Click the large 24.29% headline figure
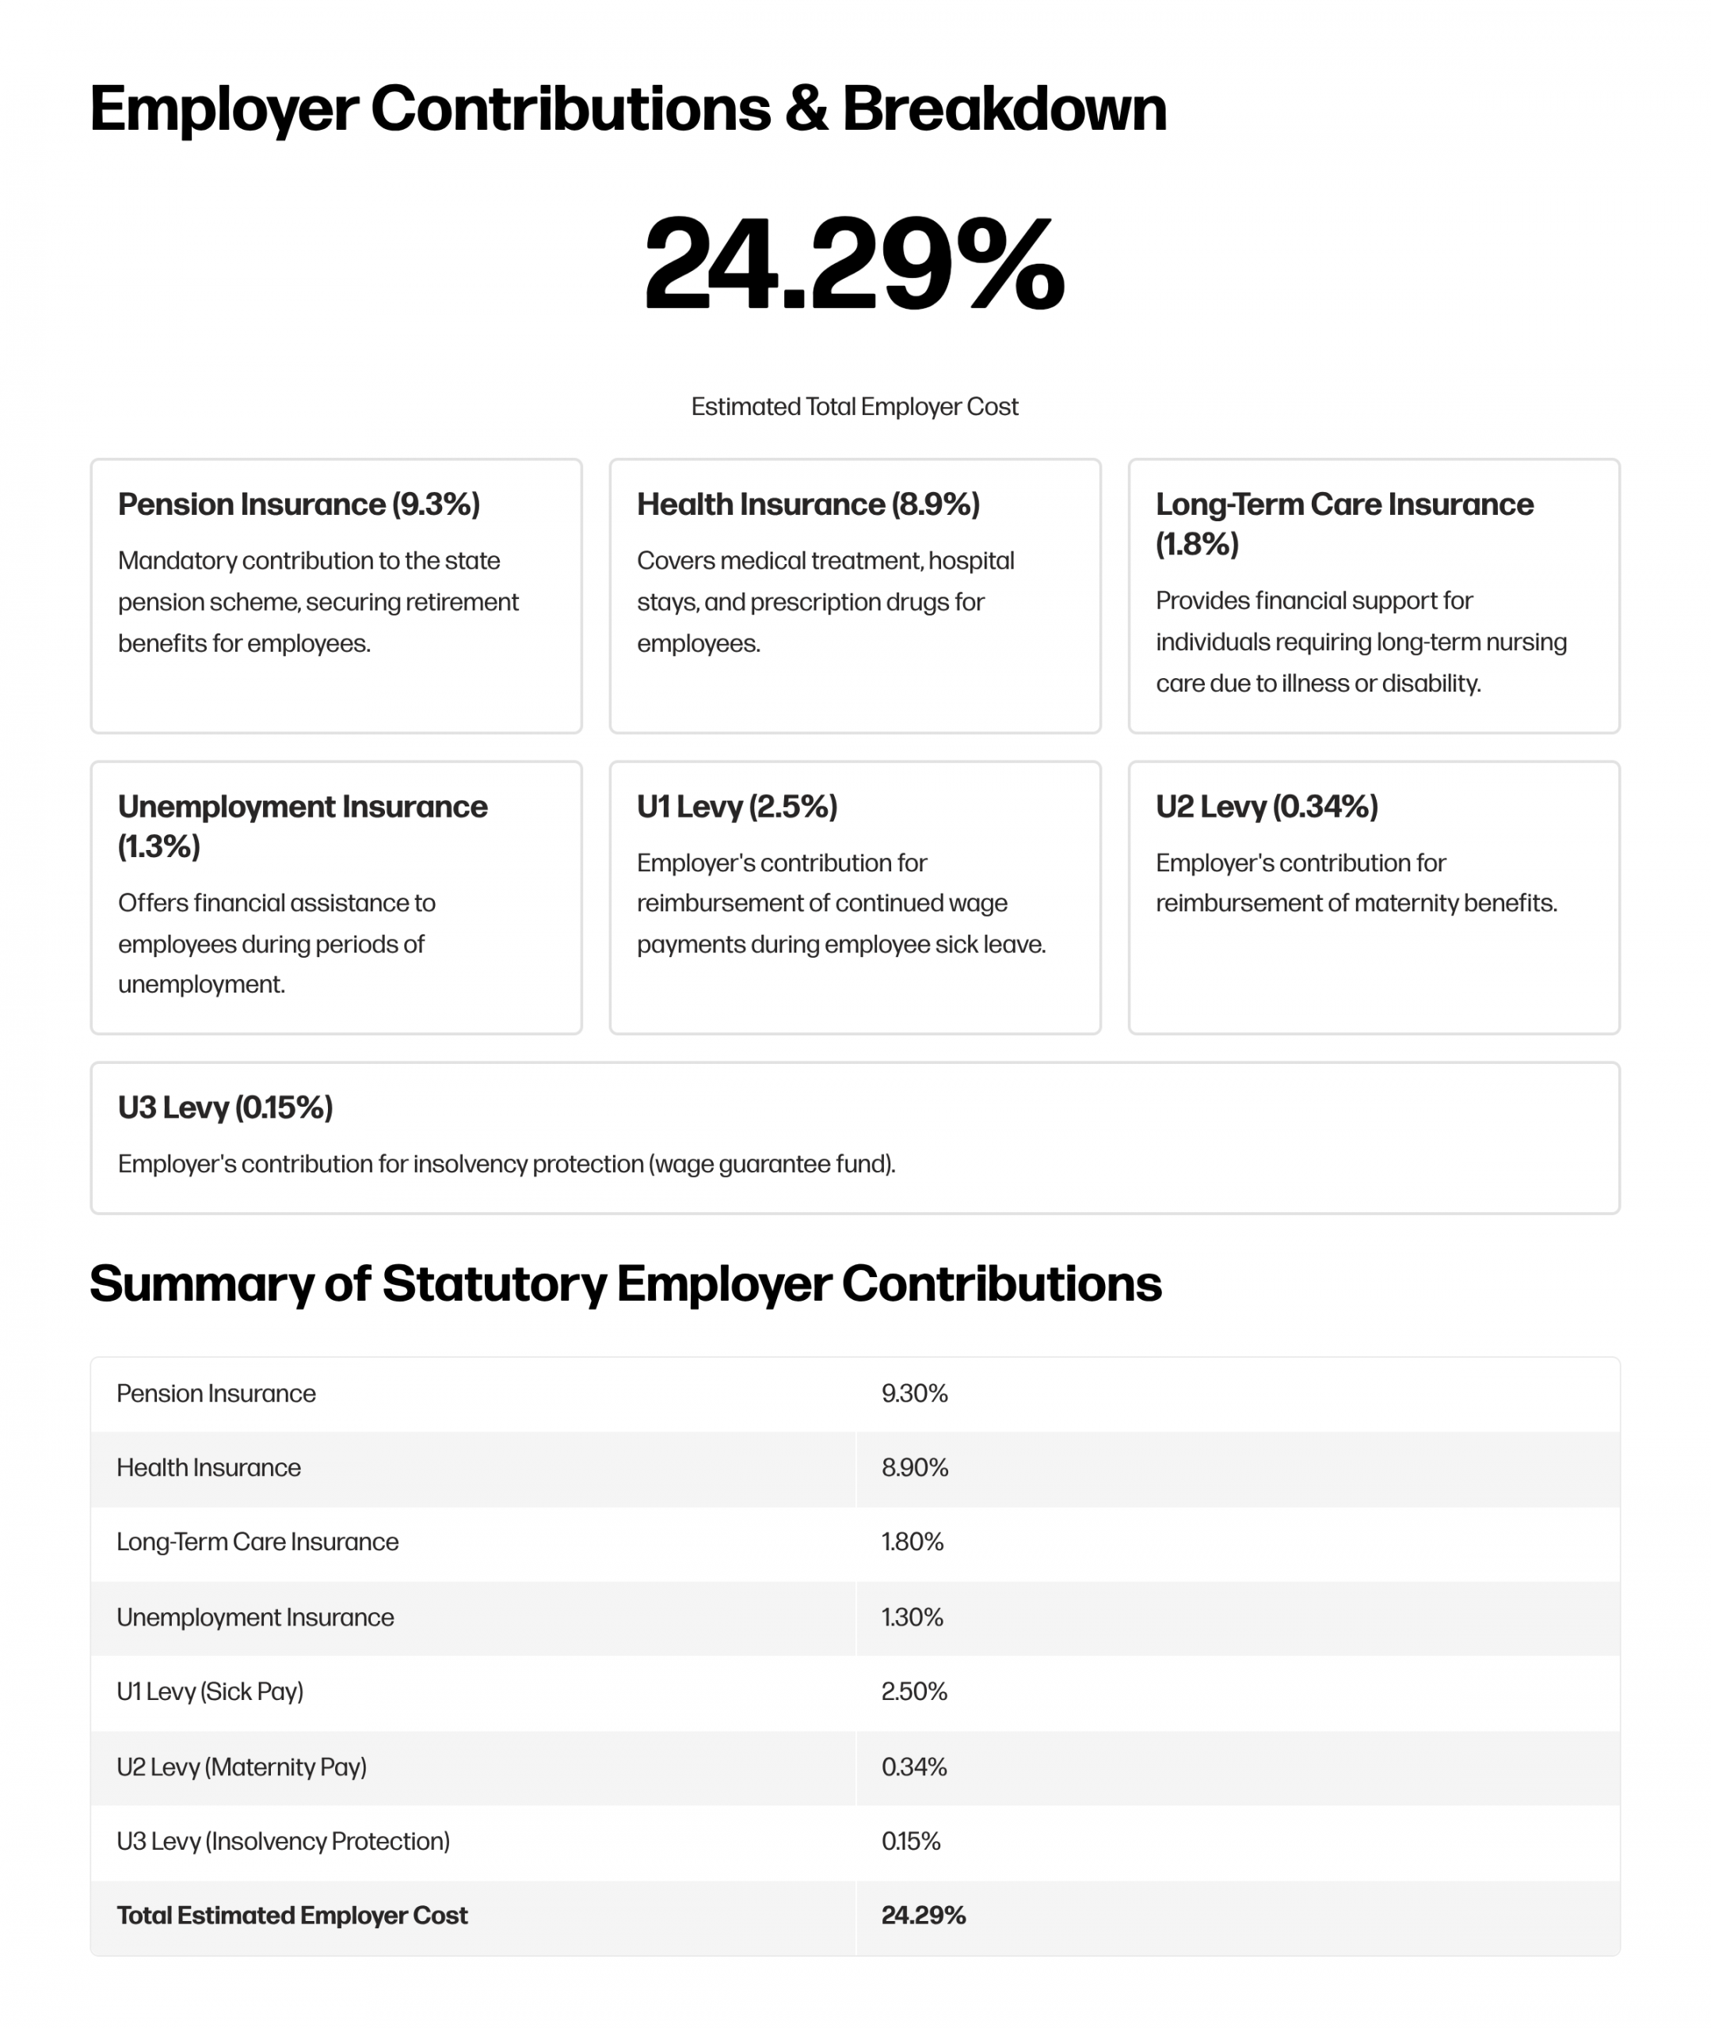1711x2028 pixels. [x=854, y=264]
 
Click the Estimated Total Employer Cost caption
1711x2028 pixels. [x=854, y=406]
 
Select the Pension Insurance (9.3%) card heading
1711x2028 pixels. [x=299, y=505]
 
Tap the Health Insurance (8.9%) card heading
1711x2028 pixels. [x=808, y=505]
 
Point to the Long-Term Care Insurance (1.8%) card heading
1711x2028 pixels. [x=1343, y=524]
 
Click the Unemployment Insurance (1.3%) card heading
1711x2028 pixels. [x=302, y=825]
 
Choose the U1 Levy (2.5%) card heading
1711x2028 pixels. [x=736, y=806]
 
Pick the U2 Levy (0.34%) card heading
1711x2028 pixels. [x=1266, y=806]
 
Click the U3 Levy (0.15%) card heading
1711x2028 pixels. [x=225, y=1107]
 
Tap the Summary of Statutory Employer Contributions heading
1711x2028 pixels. [x=625, y=1283]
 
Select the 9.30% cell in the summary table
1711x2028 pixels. [x=913, y=1393]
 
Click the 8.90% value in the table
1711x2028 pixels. [x=913, y=1467]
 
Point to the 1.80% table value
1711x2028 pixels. [x=912, y=1542]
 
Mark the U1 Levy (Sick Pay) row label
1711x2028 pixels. [x=209, y=1691]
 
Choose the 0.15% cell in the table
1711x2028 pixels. [x=910, y=1841]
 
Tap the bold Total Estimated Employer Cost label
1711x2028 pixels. [x=292, y=1916]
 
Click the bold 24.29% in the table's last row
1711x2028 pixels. [x=922, y=1916]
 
